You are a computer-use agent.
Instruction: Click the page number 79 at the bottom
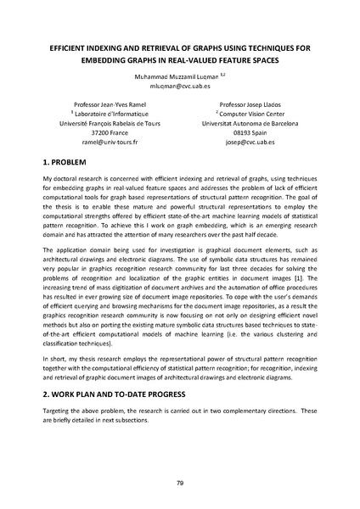(x=180, y=483)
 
